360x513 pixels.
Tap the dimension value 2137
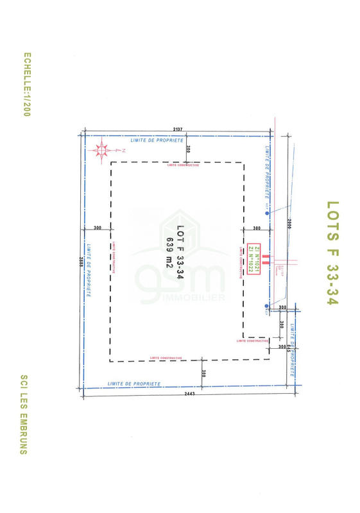[x=178, y=130]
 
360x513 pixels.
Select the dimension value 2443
[x=189, y=394]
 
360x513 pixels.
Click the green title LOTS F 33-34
[x=332, y=253]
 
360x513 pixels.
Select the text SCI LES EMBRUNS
[x=24, y=414]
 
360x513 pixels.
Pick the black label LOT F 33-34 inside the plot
[x=180, y=252]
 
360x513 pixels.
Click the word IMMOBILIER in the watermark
[x=201, y=298]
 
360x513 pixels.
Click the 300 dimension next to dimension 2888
[x=98, y=228]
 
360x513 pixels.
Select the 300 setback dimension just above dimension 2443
[x=203, y=373]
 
